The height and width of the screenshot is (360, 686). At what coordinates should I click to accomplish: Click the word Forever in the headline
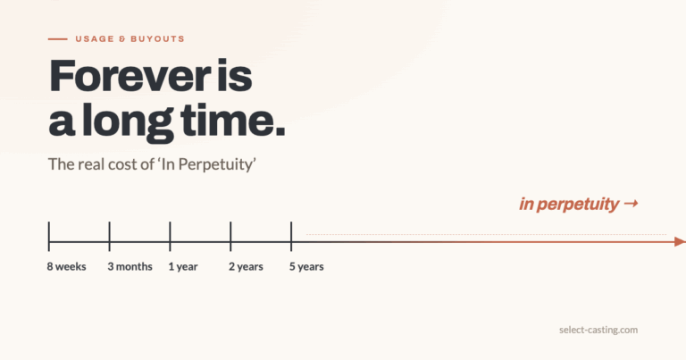tap(130, 76)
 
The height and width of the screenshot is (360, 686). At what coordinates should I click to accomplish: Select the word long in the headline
tap(128, 122)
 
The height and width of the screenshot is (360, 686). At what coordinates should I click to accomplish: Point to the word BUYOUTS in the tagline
tap(157, 39)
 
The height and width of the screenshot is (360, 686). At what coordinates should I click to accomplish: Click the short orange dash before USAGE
tap(58, 39)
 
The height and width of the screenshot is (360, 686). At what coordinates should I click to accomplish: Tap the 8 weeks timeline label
tap(66, 266)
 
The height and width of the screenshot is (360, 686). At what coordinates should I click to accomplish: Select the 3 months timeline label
tap(130, 266)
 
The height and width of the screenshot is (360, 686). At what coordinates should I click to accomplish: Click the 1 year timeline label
tap(183, 267)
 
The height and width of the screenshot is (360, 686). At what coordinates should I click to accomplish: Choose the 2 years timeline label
tap(246, 267)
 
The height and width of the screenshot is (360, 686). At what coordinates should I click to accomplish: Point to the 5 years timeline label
tap(306, 267)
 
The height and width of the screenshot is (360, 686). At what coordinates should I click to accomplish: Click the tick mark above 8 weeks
tap(49, 236)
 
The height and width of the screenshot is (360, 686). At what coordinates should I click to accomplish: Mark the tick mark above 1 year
tap(171, 236)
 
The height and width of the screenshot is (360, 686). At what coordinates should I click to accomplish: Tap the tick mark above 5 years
tap(291, 236)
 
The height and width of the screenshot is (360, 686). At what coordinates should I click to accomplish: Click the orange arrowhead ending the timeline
tap(681, 241)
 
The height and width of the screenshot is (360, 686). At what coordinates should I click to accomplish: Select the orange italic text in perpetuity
tap(569, 205)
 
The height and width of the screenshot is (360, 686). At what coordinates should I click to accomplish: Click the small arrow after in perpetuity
tap(631, 204)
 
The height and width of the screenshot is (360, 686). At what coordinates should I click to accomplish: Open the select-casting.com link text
tap(598, 330)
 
